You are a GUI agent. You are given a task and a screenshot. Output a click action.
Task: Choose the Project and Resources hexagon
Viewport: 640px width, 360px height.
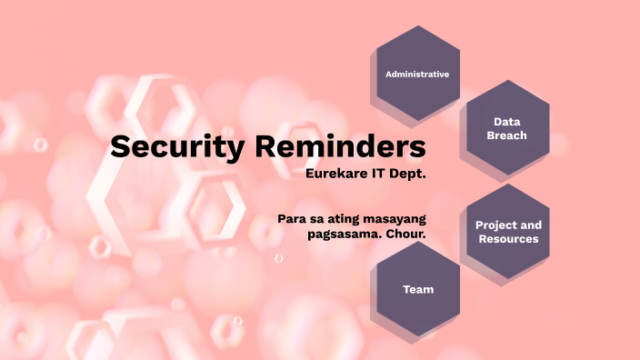click(x=508, y=232)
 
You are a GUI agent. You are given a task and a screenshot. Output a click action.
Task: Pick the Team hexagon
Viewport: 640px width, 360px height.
click(x=418, y=290)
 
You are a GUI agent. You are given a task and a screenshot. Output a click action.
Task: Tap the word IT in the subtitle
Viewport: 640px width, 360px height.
click(x=381, y=172)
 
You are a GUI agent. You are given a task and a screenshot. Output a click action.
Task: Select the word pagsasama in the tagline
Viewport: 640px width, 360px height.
click(x=345, y=234)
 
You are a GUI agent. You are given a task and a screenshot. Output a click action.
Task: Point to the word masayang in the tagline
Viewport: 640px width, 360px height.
click(x=395, y=218)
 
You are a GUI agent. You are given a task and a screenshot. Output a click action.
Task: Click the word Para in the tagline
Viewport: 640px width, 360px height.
click(x=293, y=218)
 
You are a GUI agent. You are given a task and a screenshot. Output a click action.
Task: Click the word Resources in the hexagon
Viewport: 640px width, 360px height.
click(x=508, y=239)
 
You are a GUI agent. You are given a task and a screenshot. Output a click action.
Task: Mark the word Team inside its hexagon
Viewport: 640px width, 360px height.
click(x=418, y=290)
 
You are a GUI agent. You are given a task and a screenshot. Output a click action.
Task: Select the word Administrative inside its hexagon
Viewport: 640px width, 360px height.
click(x=417, y=74)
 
